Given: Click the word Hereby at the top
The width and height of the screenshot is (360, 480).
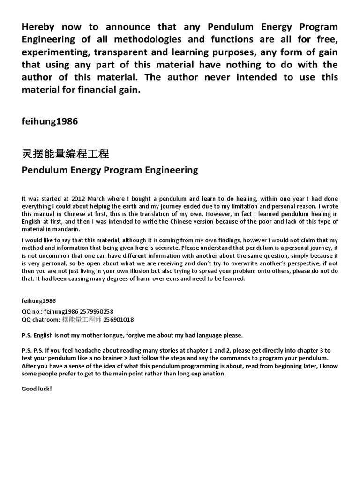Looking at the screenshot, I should [x=39, y=27].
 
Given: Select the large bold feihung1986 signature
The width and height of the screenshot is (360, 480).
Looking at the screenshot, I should [x=50, y=121].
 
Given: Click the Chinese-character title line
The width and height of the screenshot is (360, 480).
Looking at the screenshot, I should [x=65, y=153].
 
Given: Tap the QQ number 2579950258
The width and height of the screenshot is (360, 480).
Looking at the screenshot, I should [x=96, y=311].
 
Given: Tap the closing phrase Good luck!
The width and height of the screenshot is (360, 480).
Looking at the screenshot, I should [x=37, y=389].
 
